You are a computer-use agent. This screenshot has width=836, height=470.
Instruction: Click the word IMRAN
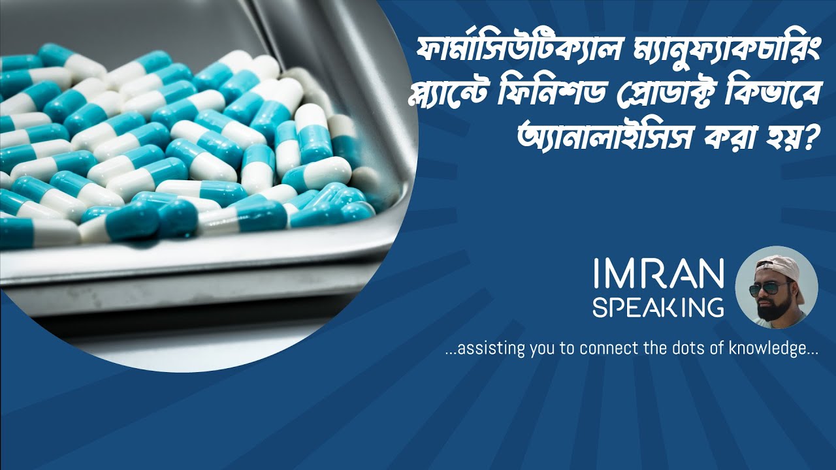click(658, 274)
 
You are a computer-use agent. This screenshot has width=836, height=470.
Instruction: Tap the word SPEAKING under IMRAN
click(658, 306)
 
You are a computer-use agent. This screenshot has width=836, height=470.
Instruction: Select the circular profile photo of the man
click(777, 287)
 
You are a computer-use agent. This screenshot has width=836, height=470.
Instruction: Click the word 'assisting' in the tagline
click(484, 349)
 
